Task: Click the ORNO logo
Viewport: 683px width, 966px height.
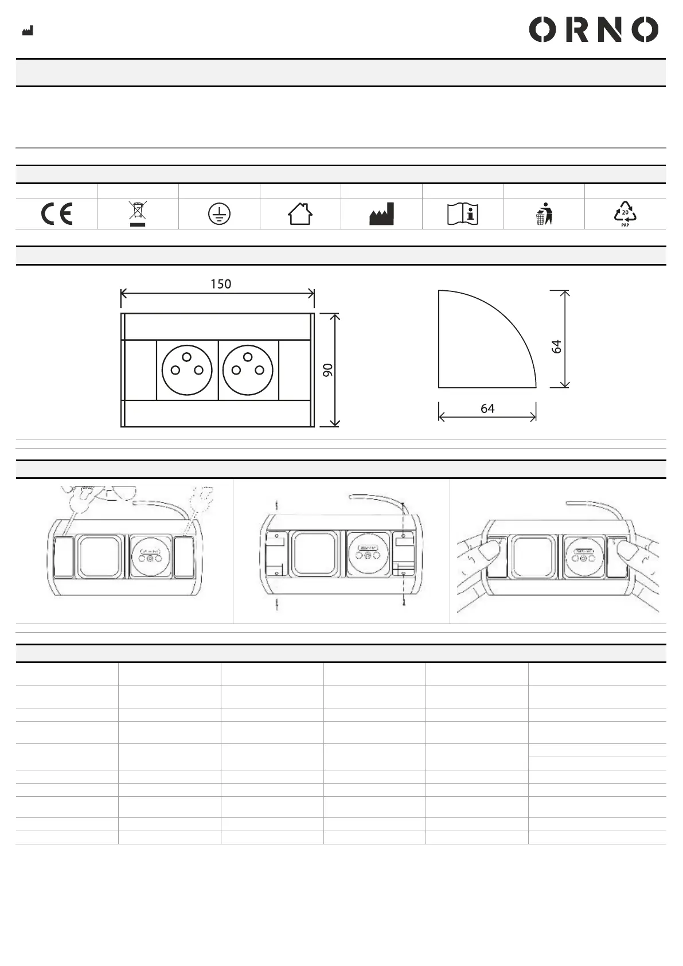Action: point(594,29)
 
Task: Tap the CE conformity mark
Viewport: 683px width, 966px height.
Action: point(56,213)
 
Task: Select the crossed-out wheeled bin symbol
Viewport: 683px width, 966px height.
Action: point(138,213)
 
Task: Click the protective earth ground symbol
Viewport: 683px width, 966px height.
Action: point(219,214)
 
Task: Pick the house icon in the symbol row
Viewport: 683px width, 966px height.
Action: point(300,214)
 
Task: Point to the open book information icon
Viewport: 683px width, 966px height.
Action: point(463,214)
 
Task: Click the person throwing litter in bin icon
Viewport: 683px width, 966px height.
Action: point(544,214)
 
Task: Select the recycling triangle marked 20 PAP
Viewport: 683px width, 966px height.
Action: point(625,214)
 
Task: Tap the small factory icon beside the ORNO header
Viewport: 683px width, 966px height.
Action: point(28,30)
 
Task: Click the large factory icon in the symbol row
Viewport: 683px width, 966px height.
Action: point(381,214)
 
